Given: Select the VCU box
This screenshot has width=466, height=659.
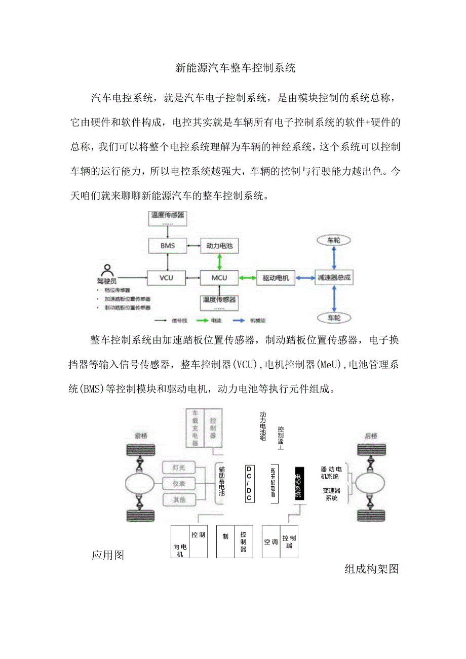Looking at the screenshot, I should click(166, 278).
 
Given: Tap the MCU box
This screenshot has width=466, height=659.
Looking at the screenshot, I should click(219, 278).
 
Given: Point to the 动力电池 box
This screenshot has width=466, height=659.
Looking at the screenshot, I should click(219, 246).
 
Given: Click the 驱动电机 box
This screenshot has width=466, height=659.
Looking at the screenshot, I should click(276, 278).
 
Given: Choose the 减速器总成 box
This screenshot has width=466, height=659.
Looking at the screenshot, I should click(333, 278).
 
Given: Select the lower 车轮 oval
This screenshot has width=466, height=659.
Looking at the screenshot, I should click(333, 318).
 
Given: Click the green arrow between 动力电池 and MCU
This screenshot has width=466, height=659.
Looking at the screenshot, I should click(219, 262).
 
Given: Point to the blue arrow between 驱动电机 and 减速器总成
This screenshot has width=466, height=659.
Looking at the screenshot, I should click(304, 278).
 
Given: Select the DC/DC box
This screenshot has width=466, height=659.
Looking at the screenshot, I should click(249, 484).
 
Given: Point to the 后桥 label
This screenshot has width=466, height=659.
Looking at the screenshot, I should click(371, 436).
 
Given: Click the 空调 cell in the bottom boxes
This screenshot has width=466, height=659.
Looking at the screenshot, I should click(271, 541).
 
